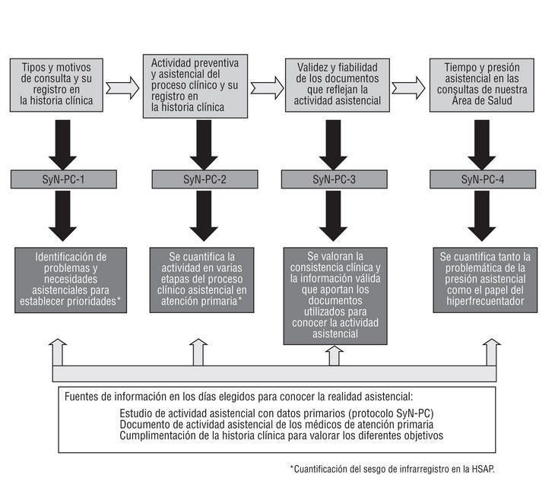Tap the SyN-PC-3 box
(333, 179)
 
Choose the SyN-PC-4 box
(481, 179)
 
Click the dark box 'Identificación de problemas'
(71, 280)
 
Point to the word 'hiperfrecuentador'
(481, 300)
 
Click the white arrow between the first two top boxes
(122, 88)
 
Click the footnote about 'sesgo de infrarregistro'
(392, 469)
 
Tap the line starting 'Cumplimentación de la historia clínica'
(281, 436)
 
